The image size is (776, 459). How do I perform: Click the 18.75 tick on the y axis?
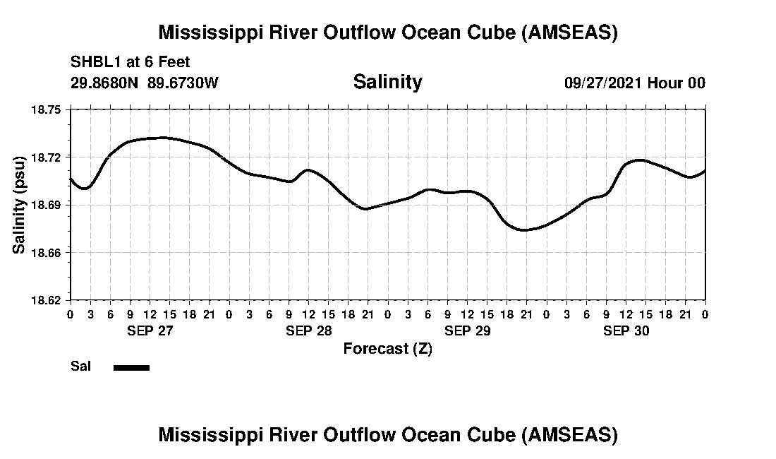point(47,109)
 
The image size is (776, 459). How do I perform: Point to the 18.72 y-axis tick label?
point(47,157)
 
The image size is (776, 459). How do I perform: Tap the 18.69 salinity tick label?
point(47,205)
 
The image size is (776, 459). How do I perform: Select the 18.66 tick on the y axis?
point(47,252)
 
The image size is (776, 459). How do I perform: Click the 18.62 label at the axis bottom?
point(47,300)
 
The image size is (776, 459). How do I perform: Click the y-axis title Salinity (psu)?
point(19,205)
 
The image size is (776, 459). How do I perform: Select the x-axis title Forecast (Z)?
point(387,349)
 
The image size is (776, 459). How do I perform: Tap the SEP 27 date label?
point(150,331)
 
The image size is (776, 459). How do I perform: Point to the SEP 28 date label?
point(308,331)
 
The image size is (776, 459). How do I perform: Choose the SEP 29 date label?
point(467,331)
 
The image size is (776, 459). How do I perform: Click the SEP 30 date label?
point(626,331)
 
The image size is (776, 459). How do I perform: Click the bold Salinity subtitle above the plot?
point(387,82)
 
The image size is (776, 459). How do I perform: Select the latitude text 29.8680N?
point(105,83)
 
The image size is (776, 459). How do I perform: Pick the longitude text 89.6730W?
point(183,83)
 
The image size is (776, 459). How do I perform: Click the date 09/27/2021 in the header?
point(603,83)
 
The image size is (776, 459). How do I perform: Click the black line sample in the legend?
point(131,367)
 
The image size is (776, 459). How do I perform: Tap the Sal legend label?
point(80,366)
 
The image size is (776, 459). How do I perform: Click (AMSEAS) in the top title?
point(569,32)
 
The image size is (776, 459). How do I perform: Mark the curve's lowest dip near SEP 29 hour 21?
point(523,229)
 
